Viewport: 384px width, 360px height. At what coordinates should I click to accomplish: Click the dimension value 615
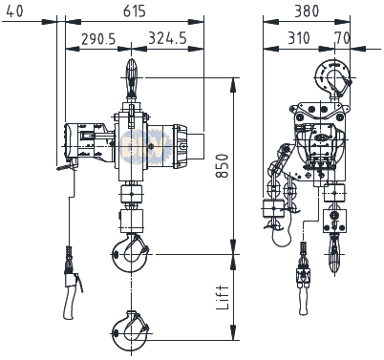[135, 11]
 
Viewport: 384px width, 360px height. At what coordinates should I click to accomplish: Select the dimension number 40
[14, 11]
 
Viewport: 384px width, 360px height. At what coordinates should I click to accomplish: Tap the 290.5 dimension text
[98, 39]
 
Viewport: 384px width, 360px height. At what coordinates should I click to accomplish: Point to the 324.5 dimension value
[167, 38]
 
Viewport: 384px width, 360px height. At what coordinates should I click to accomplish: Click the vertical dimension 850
[223, 165]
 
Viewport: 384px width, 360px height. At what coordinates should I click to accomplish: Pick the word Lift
[223, 297]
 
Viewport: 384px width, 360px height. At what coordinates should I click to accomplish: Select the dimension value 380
[307, 11]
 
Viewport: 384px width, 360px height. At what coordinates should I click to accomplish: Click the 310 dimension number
[299, 38]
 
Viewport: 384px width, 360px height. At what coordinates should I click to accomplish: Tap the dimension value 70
[342, 38]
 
